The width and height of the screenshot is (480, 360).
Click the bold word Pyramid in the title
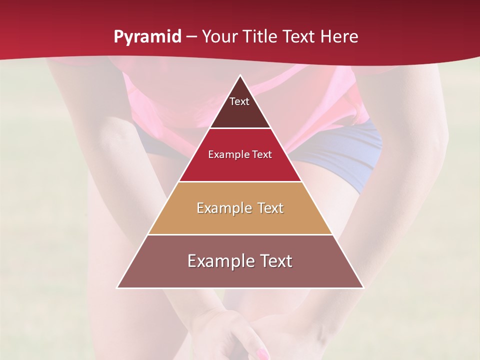(x=147, y=37)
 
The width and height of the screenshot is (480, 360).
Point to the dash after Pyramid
(x=191, y=37)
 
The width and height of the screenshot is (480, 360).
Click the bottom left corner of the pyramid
(x=117, y=287)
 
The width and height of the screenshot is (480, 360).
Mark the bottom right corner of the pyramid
(x=363, y=287)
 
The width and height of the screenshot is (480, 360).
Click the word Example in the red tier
(x=226, y=154)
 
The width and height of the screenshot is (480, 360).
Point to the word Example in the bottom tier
(x=218, y=261)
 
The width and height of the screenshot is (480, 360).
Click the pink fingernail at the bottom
(x=262, y=354)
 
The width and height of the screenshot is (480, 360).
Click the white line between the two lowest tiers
(x=240, y=234)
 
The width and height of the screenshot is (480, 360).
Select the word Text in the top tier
(x=239, y=101)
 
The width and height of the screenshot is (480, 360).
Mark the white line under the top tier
(x=240, y=128)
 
